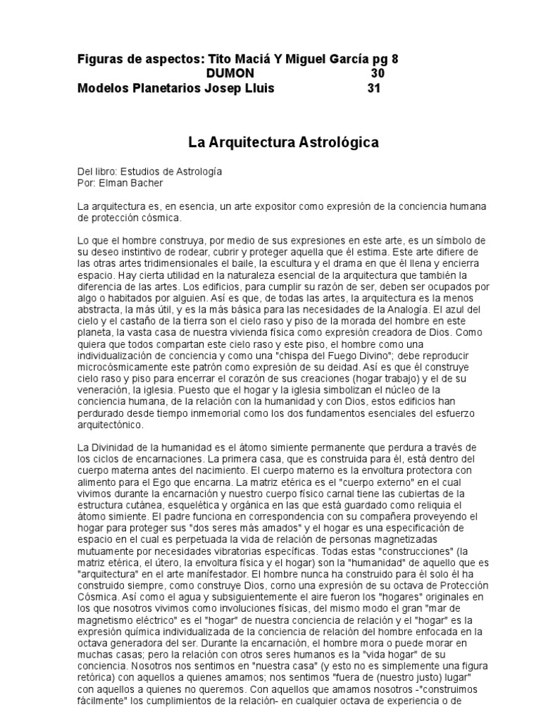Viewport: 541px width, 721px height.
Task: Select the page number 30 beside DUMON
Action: tap(378, 74)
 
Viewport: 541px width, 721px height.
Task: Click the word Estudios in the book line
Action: tap(139, 171)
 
